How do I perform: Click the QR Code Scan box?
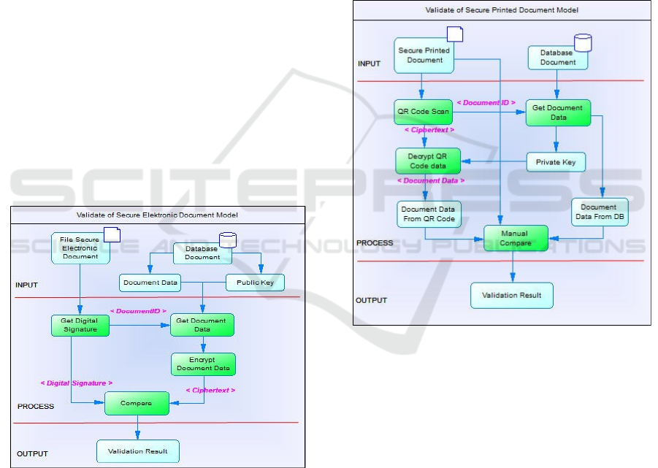423,112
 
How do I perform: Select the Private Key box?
556,161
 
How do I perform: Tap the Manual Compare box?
516,238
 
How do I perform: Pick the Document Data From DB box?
599,212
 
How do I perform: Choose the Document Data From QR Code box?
428,214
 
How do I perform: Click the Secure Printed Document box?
424,55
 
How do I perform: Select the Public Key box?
254,283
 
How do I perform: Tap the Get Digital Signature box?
80,325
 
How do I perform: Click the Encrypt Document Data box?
203,364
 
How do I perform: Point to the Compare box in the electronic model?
137,403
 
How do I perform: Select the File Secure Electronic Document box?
80,248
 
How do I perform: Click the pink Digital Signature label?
77,383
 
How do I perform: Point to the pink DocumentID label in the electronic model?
138,311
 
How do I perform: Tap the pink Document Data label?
430,180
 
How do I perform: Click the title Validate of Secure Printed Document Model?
502,10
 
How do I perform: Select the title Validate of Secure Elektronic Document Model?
157,215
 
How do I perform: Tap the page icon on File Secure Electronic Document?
112,234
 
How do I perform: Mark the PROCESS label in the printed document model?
374,242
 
